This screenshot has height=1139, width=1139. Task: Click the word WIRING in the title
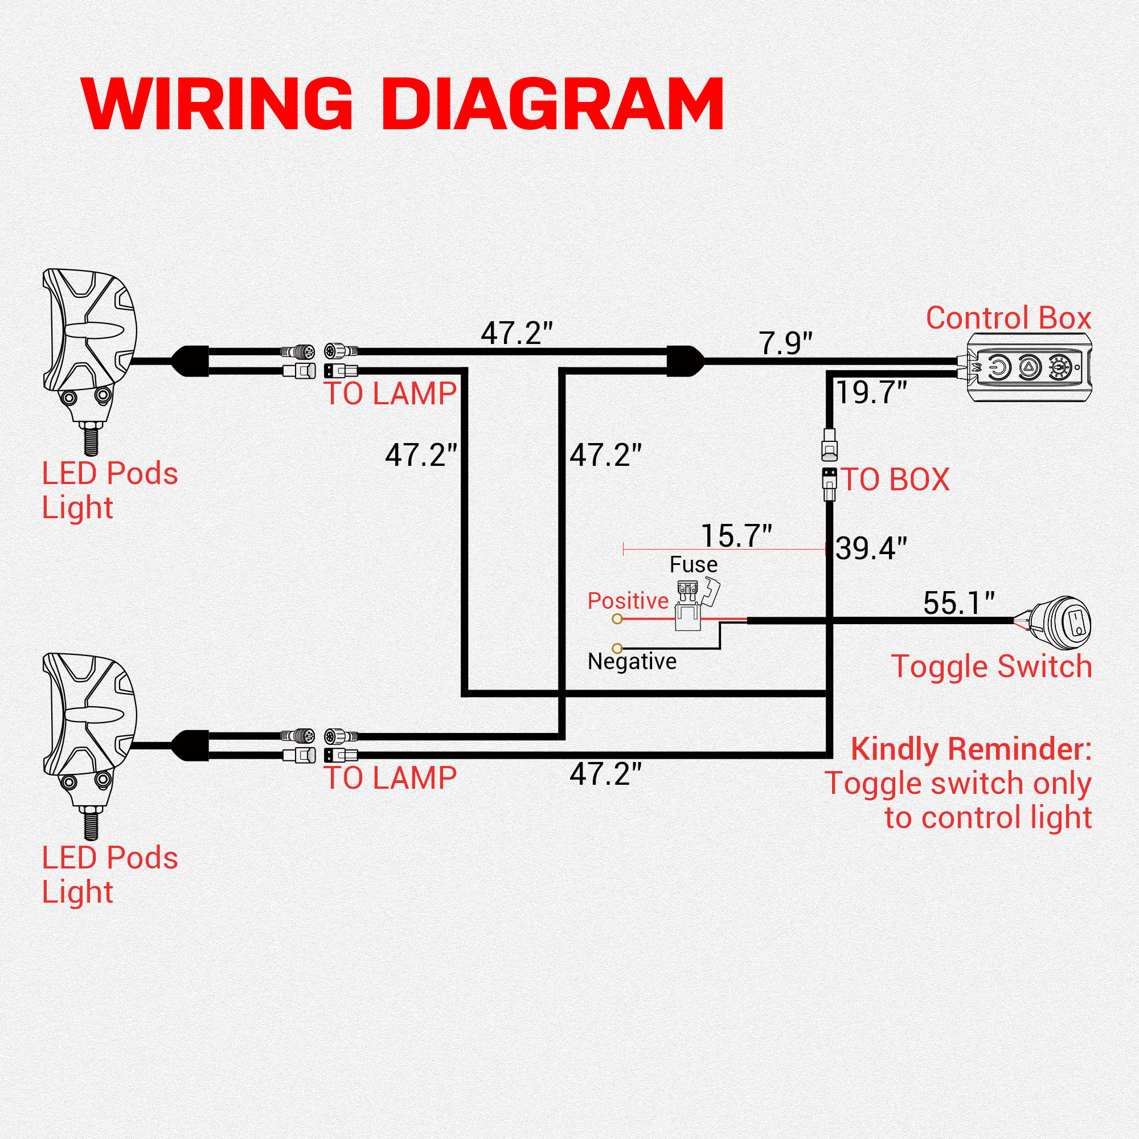pos(218,104)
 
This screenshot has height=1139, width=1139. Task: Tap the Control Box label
pos(1008,318)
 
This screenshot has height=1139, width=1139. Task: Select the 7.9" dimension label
pos(785,344)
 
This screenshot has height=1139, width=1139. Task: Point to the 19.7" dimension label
pos(871,392)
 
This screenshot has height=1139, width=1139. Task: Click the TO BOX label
pos(895,480)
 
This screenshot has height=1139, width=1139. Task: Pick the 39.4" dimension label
pos(871,548)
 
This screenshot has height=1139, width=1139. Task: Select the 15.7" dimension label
pos(736,536)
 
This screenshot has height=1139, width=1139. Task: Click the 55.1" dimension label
pos(959,603)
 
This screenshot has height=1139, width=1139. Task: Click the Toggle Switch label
pos(991,667)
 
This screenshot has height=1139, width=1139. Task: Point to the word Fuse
pos(693,565)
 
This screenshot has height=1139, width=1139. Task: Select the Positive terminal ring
pos(617,619)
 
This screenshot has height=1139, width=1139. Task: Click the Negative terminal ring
pos(617,649)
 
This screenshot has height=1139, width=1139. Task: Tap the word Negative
pos(632,662)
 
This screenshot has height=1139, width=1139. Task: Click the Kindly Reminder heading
pos(971,750)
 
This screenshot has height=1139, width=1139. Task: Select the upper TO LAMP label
pos(390,394)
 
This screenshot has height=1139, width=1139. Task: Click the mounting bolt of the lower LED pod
pos(91,824)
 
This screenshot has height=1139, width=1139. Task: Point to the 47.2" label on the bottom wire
pos(605,774)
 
